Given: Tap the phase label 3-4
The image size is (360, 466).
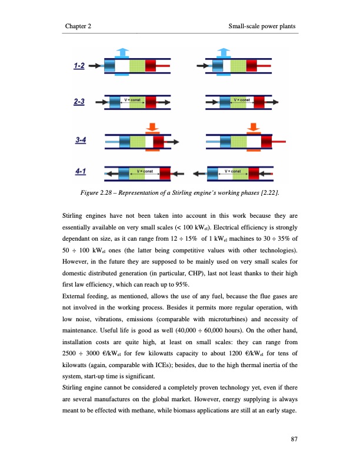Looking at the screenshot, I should pyautogui.click(x=82, y=140).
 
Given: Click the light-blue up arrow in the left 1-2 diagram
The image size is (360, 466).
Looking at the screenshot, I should pyautogui.click(x=121, y=51).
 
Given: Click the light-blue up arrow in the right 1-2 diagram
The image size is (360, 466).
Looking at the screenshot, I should pyautogui.click(x=221, y=51).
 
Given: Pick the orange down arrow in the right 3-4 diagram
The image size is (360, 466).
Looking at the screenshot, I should pyautogui.click(x=255, y=127).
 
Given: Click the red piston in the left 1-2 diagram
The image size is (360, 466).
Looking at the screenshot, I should pyautogui.click(x=151, y=66).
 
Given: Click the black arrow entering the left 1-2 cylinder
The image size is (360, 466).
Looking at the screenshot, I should pyautogui.click(x=98, y=66).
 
